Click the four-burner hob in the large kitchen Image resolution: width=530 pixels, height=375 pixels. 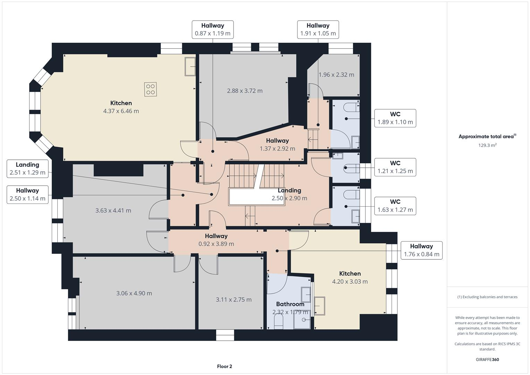pos(151,89)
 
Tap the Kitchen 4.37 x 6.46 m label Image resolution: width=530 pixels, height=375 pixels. pos(121,107)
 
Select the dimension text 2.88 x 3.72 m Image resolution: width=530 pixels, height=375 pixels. pos(245,91)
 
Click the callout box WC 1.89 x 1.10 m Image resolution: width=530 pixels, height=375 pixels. pos(395,118)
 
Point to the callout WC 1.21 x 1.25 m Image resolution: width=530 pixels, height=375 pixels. pos(395,167)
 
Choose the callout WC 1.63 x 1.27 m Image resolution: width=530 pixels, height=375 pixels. pos(395,206)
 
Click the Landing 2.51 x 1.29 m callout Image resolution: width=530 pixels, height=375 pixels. pos(27,168)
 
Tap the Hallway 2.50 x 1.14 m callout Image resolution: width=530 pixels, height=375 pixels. pos(27,194)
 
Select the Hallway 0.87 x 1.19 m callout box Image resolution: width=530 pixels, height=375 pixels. pos(212,30)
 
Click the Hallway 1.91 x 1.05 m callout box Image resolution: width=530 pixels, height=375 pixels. pos(318,30)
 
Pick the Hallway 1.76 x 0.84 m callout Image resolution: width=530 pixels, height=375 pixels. pos(421,250)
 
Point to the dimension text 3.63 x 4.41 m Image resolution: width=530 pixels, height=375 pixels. pos(113,210)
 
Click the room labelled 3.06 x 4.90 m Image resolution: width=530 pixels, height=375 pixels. pos(134,293)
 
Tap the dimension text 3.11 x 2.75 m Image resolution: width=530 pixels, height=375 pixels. pos(234,299)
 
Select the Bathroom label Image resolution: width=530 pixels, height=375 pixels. pos(290,304)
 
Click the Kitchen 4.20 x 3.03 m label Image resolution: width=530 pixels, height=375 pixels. pos(350,277)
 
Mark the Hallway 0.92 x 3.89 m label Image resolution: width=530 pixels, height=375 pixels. pos(216,240)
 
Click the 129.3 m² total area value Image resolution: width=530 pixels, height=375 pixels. pos(487,145)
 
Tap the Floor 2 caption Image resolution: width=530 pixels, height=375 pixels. pos(224,366)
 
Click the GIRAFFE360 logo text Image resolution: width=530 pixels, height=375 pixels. pos(487,359)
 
